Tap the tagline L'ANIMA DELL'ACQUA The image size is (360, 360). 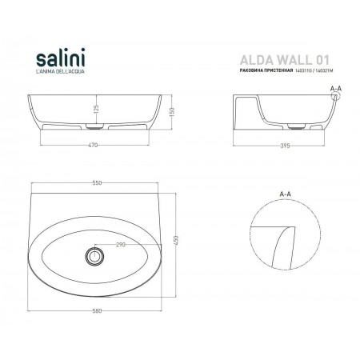[62, 74]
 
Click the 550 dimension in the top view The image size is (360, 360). [95, 183]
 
